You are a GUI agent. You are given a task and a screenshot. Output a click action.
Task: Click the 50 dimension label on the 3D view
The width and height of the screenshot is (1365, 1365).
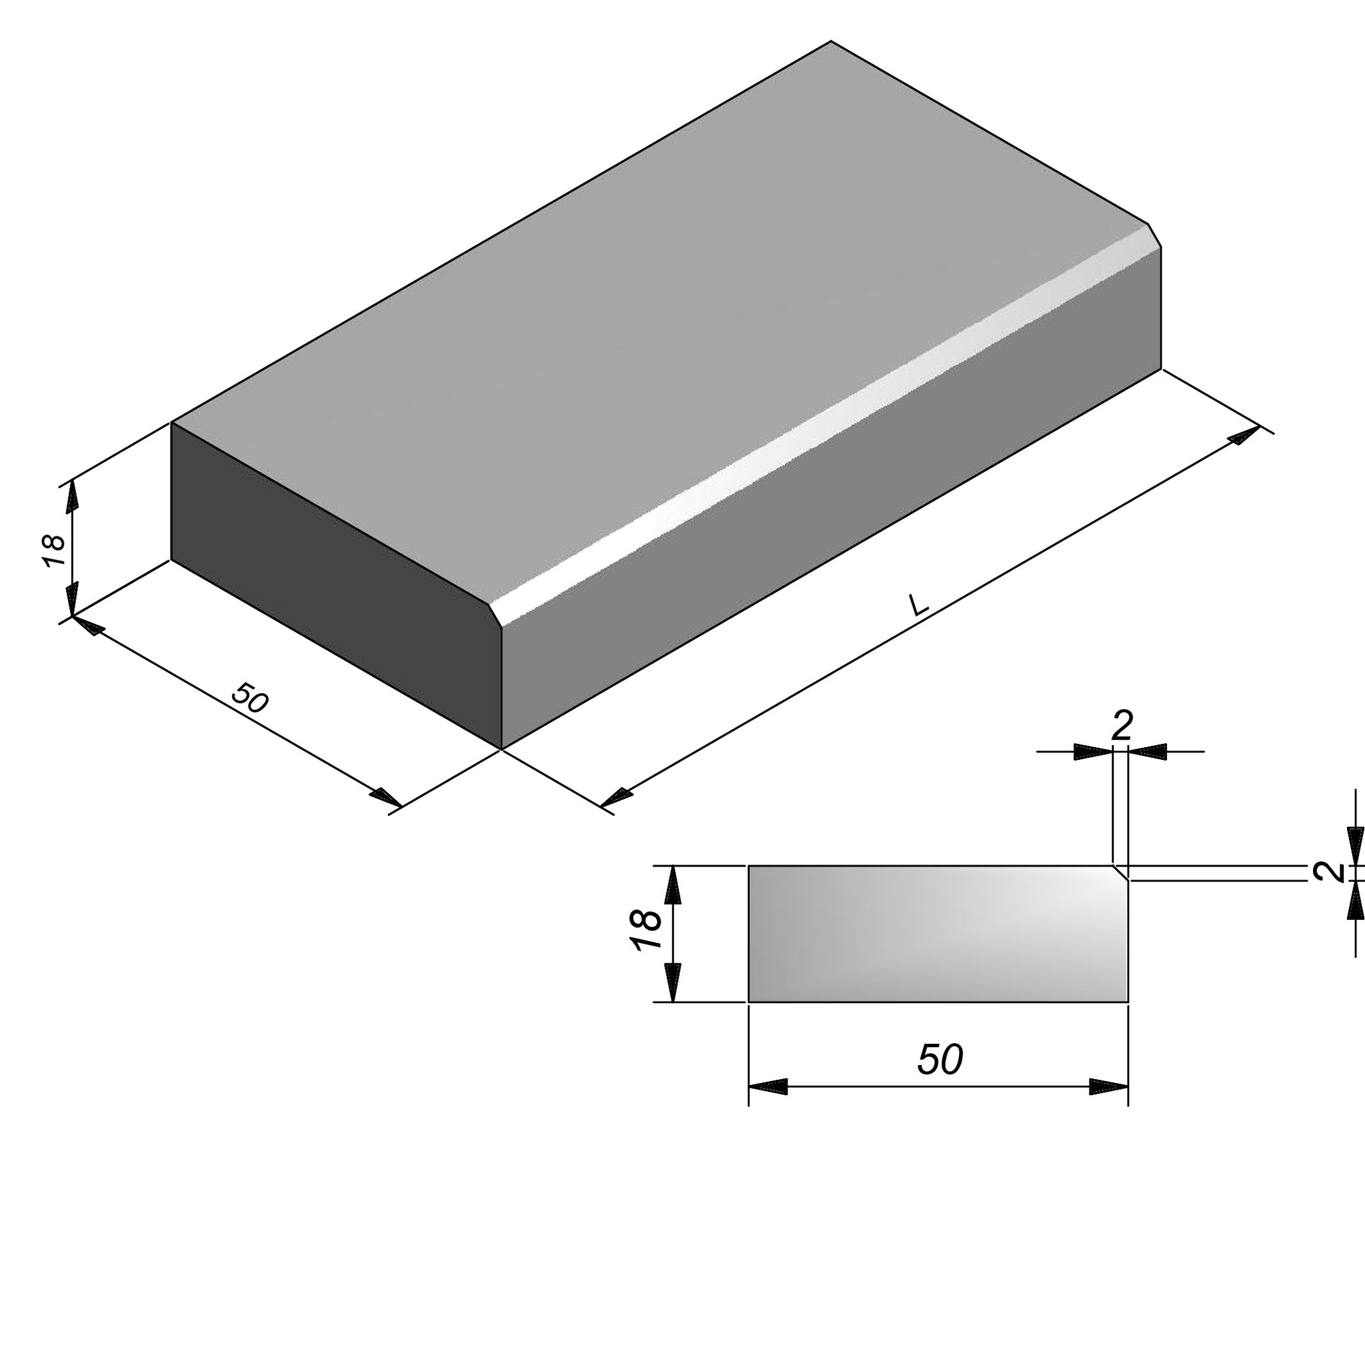[x=250, y=698]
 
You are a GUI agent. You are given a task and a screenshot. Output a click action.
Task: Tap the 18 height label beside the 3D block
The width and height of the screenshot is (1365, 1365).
[x=54, y=551]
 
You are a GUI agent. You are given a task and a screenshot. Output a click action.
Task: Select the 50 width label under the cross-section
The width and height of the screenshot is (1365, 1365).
[x=940, y=1060]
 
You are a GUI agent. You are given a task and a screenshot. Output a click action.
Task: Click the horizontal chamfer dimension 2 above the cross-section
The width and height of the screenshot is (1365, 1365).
[x=1122, y=725]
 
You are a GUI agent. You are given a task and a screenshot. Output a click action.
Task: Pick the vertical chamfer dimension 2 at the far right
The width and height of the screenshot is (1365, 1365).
[x=1330, y=872]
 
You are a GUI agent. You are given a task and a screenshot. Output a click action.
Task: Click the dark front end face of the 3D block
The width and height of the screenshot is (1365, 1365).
[x=337, y=585]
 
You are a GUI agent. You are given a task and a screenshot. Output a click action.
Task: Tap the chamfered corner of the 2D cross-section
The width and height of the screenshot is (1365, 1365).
[x=1120, y=872]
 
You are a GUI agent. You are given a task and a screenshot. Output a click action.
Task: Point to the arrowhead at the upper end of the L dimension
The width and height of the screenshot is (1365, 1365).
[x=1245, y=435]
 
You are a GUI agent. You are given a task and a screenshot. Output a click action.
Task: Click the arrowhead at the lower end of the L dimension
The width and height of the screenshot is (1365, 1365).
[x=616, y=797]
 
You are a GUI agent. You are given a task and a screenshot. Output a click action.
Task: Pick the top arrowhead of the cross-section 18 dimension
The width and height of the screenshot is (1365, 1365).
[x=673, y=884]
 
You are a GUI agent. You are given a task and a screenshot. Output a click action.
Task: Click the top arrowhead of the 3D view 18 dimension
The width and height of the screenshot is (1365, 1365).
[x=72, y=497]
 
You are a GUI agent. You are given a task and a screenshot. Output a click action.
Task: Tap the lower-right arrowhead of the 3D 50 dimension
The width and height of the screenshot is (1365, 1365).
[x=386, y=798]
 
